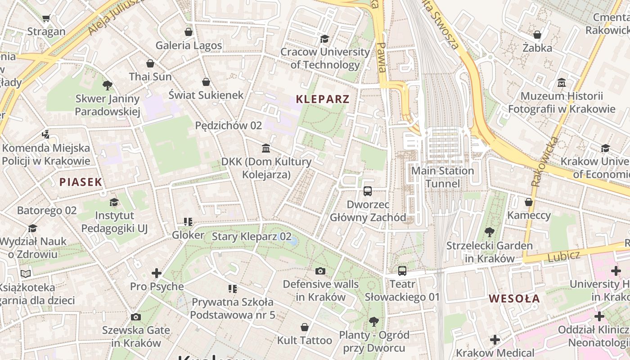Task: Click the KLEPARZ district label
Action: click(323, 99)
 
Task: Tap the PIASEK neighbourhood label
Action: click(81, 182)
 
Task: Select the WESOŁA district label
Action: click(514, 299)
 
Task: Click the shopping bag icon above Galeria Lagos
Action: click(189, 32)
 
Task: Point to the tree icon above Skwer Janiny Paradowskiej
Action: click(107, 85)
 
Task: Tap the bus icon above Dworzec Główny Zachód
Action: click(368, 191)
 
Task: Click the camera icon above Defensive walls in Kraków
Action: click(320, 271)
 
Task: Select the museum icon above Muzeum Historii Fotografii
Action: click(562, 83)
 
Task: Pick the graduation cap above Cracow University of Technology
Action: click(324, 39)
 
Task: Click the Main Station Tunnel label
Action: click(443, 177)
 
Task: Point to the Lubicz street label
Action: click(564, 256)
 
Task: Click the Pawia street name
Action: click(382, 57)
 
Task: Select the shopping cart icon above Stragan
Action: click(46, 18)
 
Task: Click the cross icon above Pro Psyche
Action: click(157, 273)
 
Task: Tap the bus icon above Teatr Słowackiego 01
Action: click(402, 271)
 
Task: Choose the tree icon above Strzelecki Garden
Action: click(490, 233)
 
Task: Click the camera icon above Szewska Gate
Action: click(136, 317)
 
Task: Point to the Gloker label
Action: click(188, 235)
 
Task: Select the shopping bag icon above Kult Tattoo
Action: click(305, 327)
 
